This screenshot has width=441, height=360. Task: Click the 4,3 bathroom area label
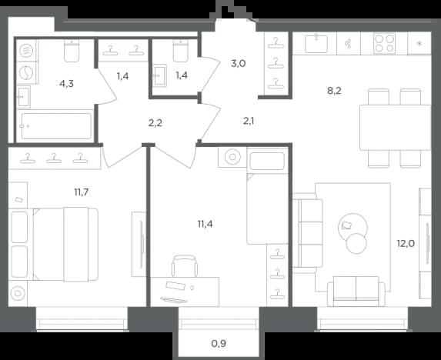(x=67, y=84)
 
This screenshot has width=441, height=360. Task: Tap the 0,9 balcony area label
(x=219, y=343)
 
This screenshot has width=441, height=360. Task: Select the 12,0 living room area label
(x=406, y=243)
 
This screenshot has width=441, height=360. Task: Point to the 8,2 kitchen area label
(x=335, y=91)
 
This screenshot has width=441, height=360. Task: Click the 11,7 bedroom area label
(x=82, y=192)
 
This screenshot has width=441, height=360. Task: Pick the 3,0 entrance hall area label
(x=239, y=64)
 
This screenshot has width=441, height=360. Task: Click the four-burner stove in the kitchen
(x=385, y=43)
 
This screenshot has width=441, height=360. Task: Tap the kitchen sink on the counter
(x=316, y=43)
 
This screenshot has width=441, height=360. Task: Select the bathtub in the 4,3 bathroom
(x=56, y=126)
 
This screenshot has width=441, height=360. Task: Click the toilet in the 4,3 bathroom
(x=72, y=51)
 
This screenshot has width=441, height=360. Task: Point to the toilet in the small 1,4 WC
(x=181, y=51)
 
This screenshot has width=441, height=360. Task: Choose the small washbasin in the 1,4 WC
(x=160, y=75)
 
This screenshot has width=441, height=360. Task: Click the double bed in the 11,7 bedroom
(x=65, y=244)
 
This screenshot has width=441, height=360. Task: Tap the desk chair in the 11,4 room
(x=185, y=265)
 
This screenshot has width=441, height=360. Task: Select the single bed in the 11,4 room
(x=268, y=195)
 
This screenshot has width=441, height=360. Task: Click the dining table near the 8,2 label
(x=395, y=127)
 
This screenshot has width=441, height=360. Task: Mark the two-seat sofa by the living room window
(x=356, y=291)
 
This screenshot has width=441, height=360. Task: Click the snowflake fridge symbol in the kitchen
(x=419, y=43)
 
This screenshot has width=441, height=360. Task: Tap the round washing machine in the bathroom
(x=26, y=72)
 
